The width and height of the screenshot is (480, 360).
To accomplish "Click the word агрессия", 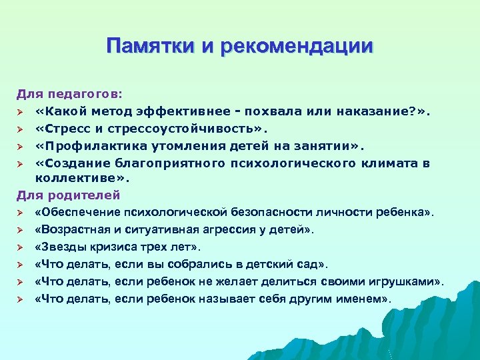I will tap(233, 230).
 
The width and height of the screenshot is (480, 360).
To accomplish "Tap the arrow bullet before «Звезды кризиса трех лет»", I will tap(21, 247).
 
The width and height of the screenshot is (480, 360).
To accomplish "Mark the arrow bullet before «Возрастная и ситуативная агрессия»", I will tap(21, 230).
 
